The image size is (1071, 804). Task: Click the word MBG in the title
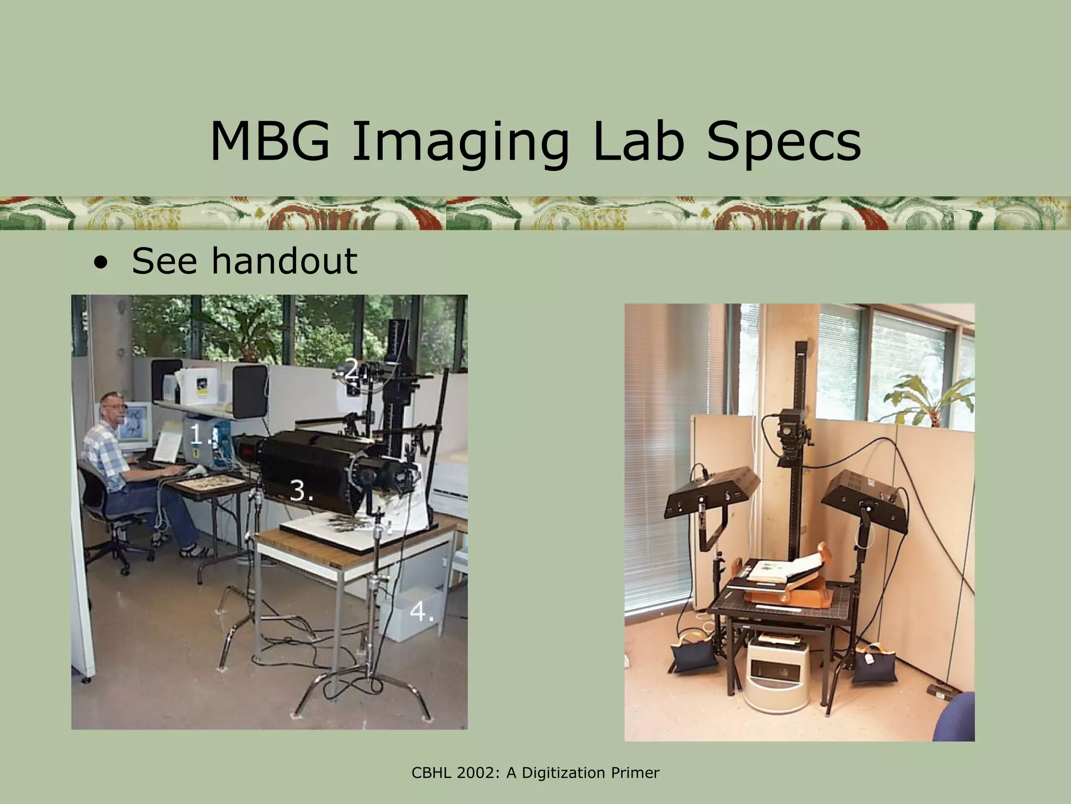coord(270,142)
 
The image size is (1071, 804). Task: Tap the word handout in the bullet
coord(284,261)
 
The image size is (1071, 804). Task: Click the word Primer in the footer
coord(634,773)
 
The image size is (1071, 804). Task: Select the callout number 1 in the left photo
coord(197,434)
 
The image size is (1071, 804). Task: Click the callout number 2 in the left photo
coord(352,371)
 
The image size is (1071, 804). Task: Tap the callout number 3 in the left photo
coord(300,490)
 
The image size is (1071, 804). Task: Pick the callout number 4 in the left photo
coord(419,611)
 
